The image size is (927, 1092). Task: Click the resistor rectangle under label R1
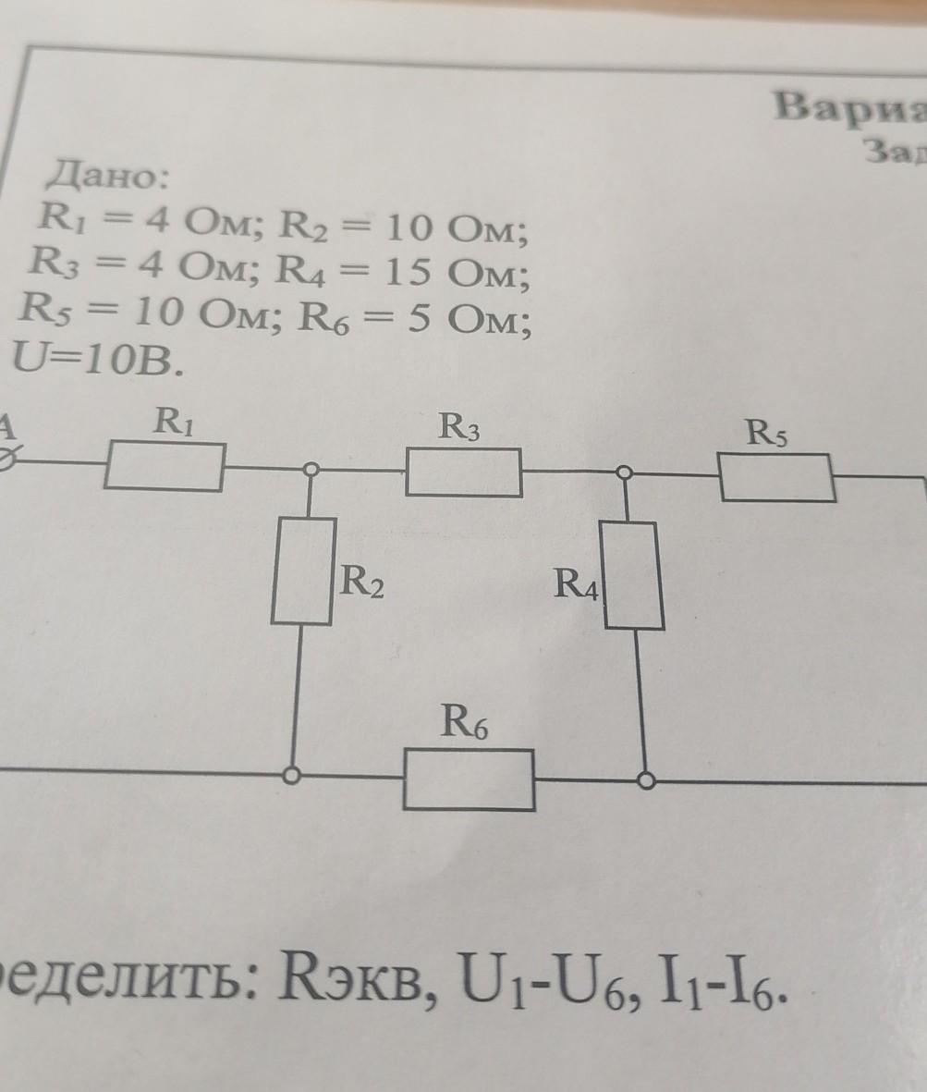coord(165,466)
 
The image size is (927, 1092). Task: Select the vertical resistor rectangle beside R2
coord(303,570)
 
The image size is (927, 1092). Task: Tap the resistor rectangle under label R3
coord(463,472)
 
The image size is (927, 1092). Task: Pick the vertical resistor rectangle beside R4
coord(632,575)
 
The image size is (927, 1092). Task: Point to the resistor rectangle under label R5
coord(777,478)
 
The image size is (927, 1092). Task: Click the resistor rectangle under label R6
coord(469,779)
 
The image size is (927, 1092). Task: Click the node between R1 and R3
coord(312,470)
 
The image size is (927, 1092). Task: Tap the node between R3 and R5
coord(625,472)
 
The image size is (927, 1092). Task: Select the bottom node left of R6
coord(292,776)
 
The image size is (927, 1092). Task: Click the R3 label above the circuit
coord(458,427)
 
